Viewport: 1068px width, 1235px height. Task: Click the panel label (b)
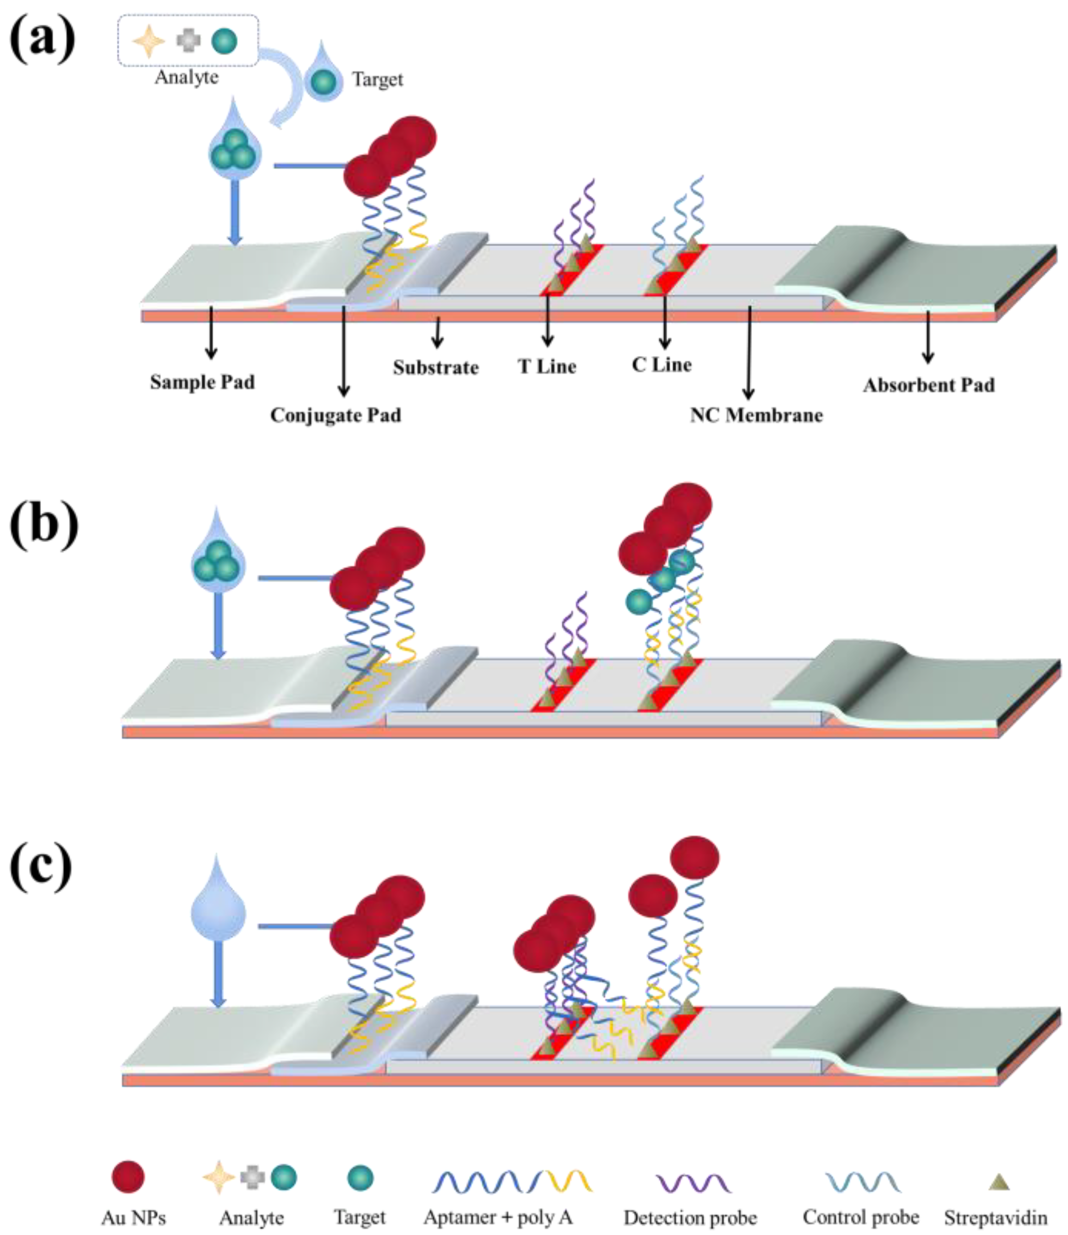[x=44, y=525]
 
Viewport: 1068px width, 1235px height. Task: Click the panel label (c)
[x=40, y=868]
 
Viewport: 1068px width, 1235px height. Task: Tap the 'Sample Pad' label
[x=202, y=382]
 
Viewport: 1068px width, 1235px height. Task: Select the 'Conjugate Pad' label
[x=336, y=415]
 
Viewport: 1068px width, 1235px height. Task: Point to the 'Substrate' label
[x=436, y=367]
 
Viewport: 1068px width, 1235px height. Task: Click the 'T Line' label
[x=547, y=366]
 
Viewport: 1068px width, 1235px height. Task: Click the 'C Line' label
[x=662, y=364]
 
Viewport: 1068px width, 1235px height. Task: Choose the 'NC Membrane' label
[x=756, y=415]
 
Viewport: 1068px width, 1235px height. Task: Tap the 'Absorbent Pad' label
[x=929, y=385]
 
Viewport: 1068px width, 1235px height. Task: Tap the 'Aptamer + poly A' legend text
[x=498, y=1217]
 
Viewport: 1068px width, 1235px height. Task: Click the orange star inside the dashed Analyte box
[x=148, y=42]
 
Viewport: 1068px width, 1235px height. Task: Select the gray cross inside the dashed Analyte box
[x=188, y=41]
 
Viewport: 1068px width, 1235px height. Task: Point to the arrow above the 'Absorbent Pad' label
[x=928, y=336]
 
